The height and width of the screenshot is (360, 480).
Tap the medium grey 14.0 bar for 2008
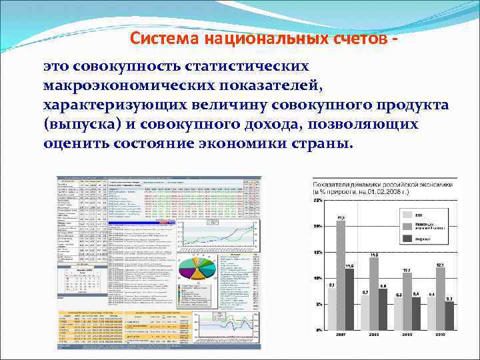coord(374,293)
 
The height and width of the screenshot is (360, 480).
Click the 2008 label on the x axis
coord(374,334)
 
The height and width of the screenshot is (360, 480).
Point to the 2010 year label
coord(441,334)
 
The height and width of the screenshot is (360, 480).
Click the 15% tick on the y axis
coord(318,252)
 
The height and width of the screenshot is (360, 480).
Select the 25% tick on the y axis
coord(318,199)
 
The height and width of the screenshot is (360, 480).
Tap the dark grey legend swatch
coord(406,239)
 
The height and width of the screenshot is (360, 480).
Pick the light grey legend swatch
coord(406,215)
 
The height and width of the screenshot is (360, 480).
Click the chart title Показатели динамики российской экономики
coord(383,184)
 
